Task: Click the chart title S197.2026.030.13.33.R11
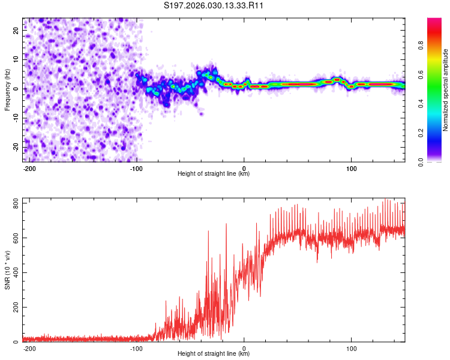coord(214,6)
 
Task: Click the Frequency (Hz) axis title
coord(7,90)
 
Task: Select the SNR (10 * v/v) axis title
coord(7,270)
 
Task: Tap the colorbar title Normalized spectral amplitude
coord(446,90)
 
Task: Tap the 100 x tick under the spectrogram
coord(352,168)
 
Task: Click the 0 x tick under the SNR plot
coord(244,348)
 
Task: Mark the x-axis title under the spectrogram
coord(214,174)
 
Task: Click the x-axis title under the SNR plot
coord(214,354)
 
